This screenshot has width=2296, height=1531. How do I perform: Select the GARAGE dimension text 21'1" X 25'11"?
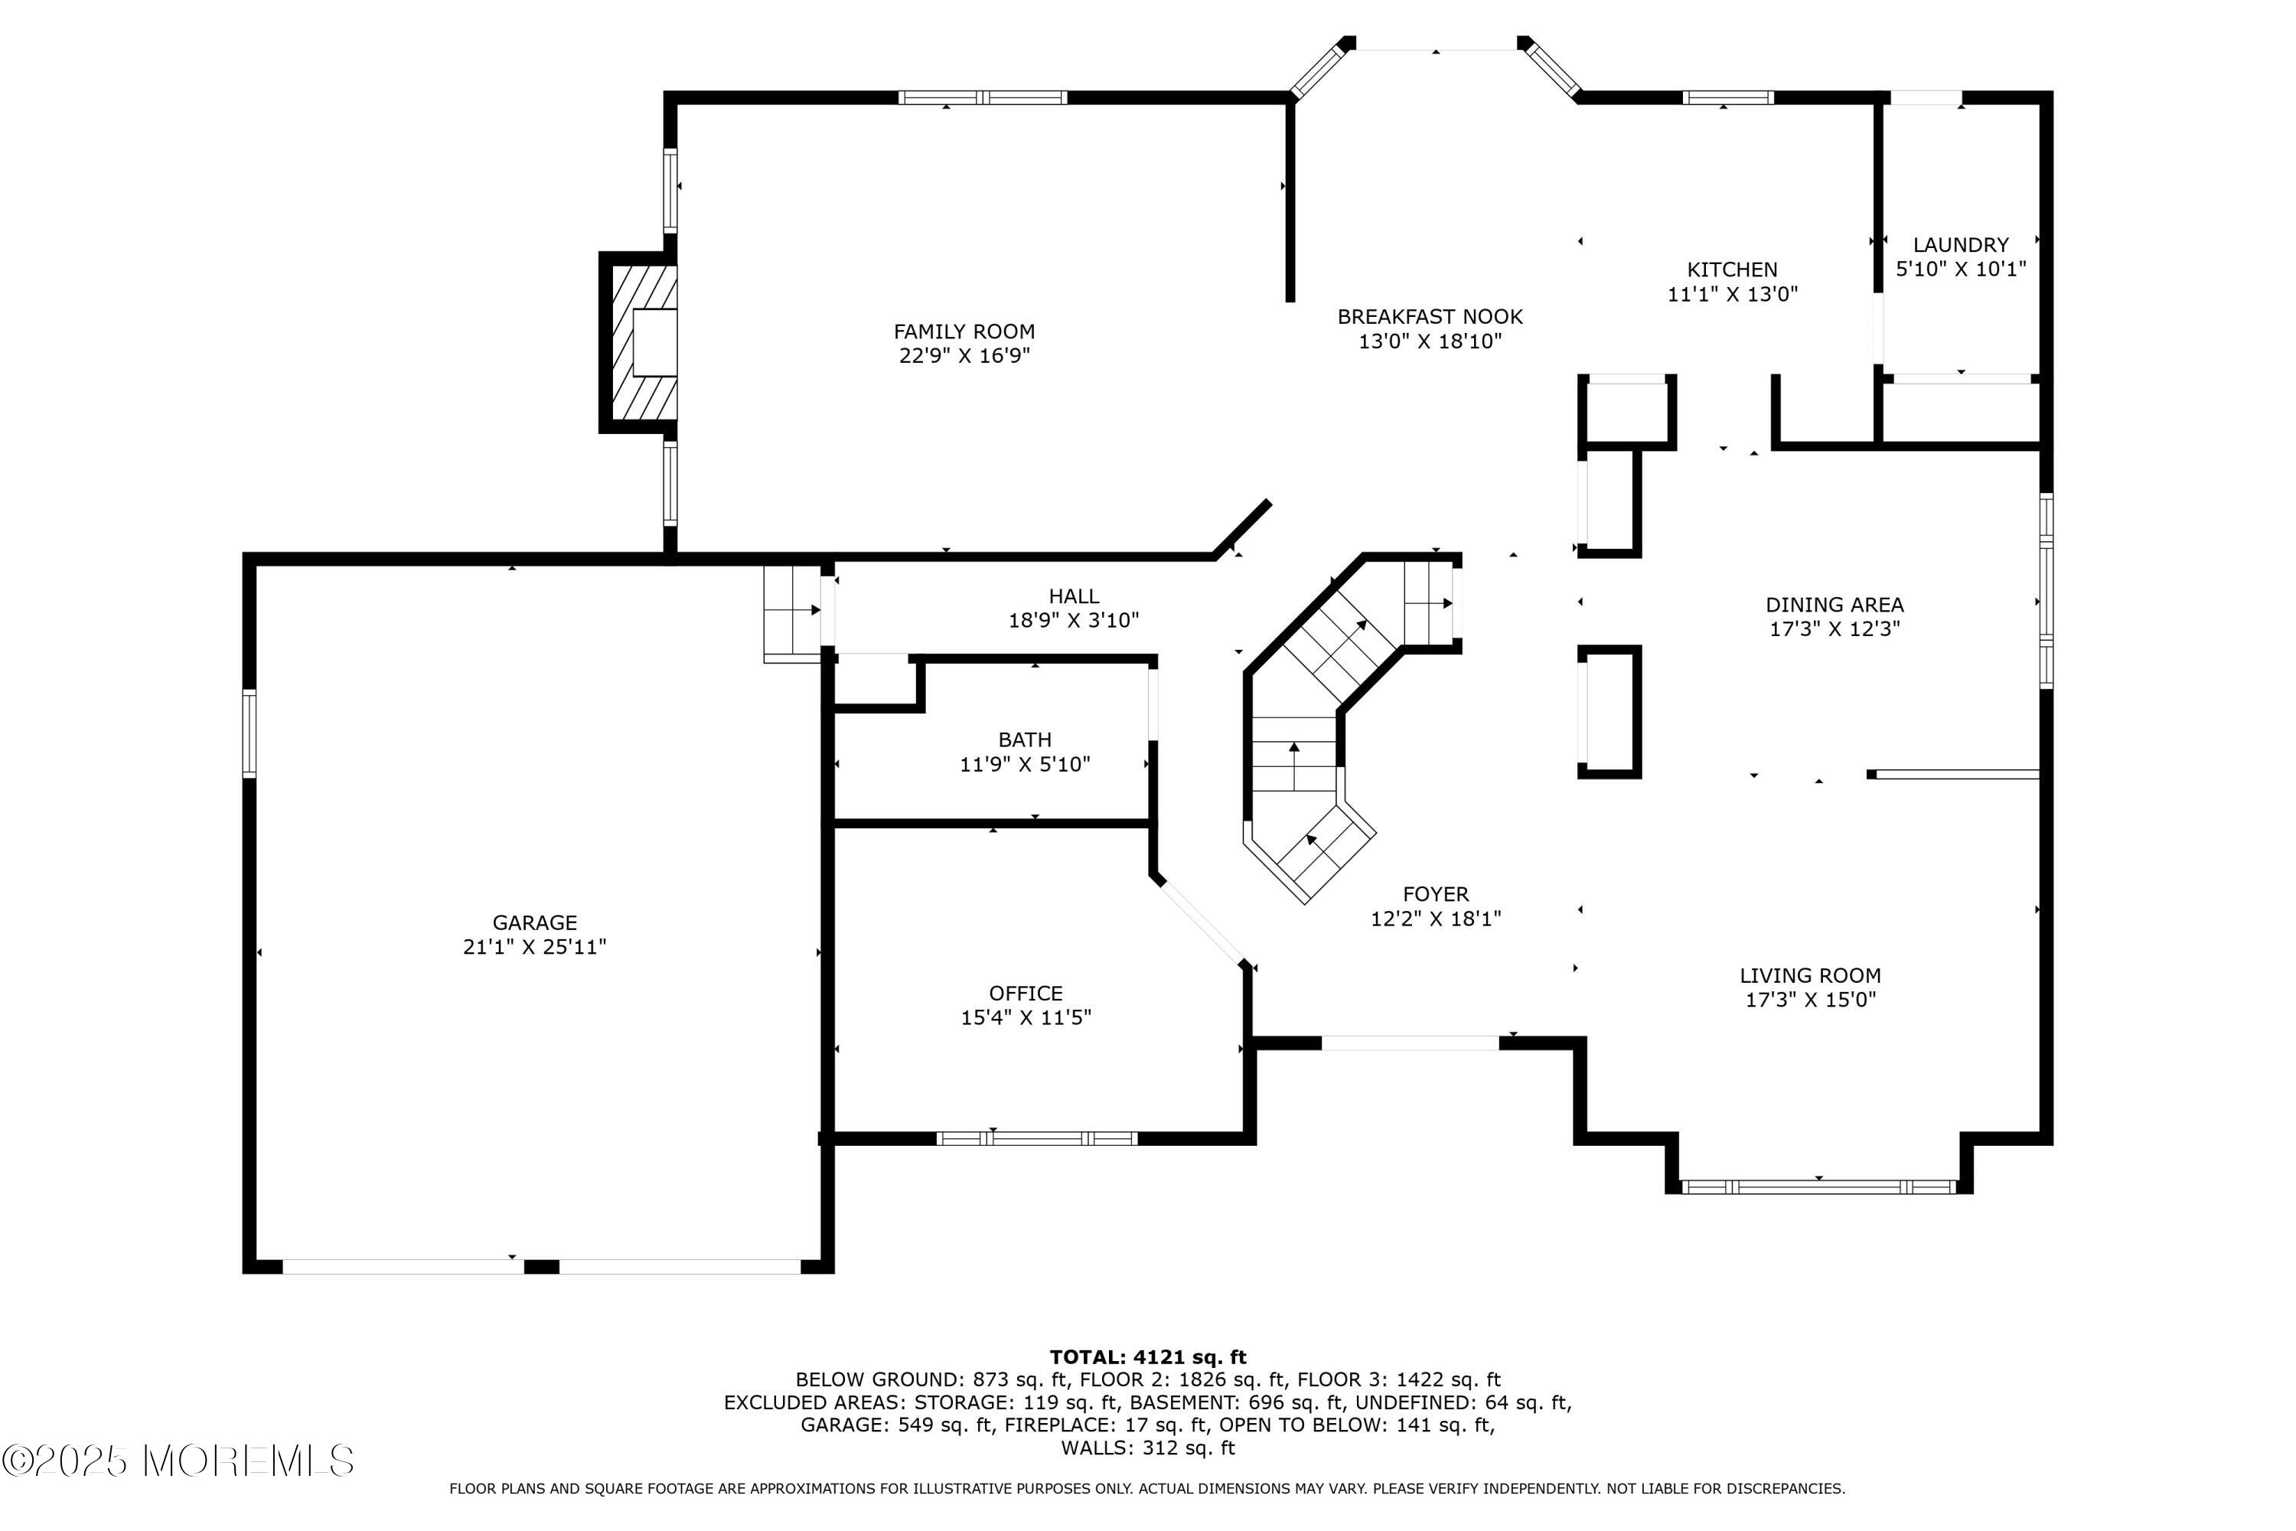pos(535,947)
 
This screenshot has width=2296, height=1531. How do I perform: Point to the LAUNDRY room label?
pos(1960,245)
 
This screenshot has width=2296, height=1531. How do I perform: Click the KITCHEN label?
pos(1732,269)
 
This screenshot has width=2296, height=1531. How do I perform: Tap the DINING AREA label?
pos(1835,605)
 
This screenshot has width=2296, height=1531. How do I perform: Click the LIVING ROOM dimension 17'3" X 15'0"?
pos(1810,1000)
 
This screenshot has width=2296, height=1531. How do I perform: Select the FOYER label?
pos(1435,893)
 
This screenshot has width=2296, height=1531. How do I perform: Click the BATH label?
pos(1024,739)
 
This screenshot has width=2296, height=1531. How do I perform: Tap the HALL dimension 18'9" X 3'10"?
pos(1073,620)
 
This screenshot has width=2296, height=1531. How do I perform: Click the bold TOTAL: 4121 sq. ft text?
pos(1148,1356)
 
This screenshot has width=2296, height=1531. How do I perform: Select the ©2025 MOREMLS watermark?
pos(178,1461)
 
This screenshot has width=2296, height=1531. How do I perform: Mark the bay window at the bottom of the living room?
pos(1818,1187)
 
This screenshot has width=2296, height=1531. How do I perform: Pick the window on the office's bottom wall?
pos(1037,1138)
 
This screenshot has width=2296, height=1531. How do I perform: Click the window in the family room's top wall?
pos(982,98)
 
